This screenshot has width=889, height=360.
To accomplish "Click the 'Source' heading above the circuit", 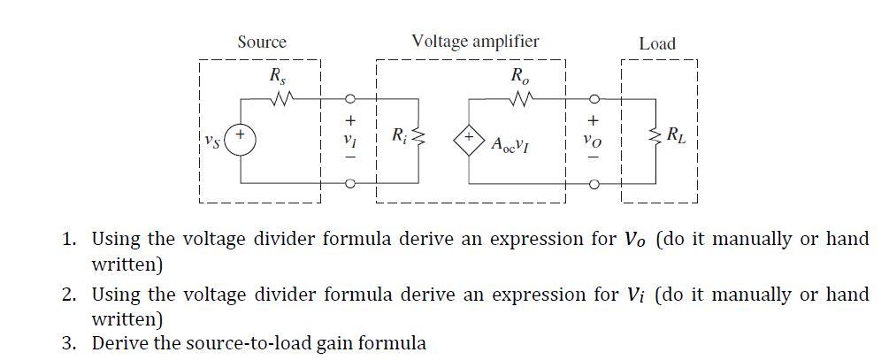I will pyautogui.click(x=262, y=42).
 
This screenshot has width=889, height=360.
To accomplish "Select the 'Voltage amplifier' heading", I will pyautogui.click(x=475, y=41).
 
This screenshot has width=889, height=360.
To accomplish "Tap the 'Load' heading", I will pyautogui.click(x=656, y=43).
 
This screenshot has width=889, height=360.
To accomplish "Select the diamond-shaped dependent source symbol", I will pyautogui.click(x=470, y=140).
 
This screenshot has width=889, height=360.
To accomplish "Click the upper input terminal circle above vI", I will pyautogui.click(x=351, y=98).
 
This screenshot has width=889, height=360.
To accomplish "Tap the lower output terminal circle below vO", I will pyautogui.click(x=594, y=184).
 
